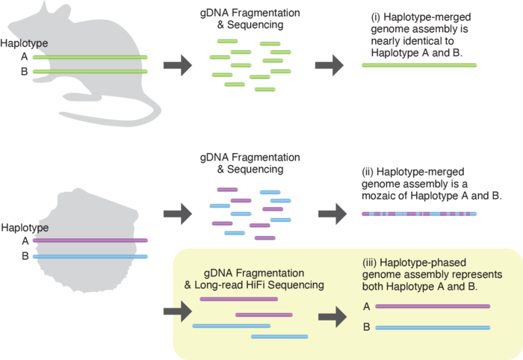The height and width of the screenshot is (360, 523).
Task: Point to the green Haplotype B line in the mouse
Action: [90, 72]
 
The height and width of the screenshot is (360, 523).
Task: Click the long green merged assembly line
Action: [418, 66]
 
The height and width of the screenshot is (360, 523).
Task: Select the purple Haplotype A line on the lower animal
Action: [90, 240]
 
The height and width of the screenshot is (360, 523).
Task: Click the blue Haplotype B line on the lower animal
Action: [90, 256]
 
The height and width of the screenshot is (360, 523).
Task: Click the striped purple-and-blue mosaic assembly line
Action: [418, 214]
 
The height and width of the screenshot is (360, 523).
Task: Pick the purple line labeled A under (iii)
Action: [433, 305]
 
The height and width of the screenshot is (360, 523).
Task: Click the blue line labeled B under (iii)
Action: [433, 327]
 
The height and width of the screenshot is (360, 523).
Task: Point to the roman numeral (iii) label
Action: [367, 262]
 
